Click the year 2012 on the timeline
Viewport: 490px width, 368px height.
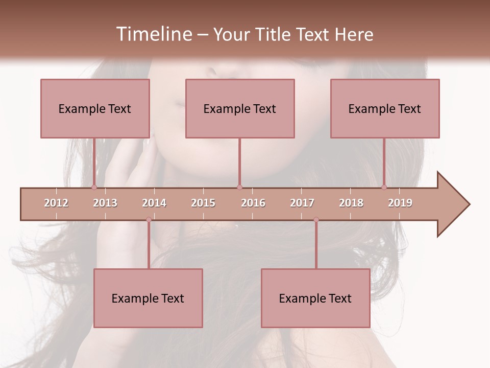click(x=56, y=203)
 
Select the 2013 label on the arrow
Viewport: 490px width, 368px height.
click(x=105, y=203)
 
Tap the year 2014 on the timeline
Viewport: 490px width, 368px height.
click(x=154, y=203)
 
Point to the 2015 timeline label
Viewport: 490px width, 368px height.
click(x=203, y=203)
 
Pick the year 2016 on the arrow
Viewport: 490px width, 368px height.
click(x=253, y=203)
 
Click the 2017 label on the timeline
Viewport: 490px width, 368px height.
click(x=302, y=203)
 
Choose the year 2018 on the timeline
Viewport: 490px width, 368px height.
click(x=351, y=203)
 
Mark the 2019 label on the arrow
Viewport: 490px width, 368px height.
click(x=400, y=203)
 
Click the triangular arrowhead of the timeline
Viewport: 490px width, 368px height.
click(x=452, y=204)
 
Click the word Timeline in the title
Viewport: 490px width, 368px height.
click(x=153, y=34)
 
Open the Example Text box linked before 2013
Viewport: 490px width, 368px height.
click(x=95, y=108)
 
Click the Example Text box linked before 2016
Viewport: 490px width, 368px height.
click(x=240, y=108)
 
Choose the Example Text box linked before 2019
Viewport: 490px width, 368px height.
click(x=385, y=108)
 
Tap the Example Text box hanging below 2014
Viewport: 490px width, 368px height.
click(x=148, y=298)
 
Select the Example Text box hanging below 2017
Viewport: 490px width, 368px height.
click(x=315, y=298)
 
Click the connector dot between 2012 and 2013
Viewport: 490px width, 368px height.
click(x=94, y=188)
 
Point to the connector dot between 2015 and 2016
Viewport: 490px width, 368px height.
click(x=239, y=188)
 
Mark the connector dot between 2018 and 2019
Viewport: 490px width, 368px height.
click(x=384, y=188)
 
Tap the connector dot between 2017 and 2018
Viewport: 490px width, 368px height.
click(x=316, y=220)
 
